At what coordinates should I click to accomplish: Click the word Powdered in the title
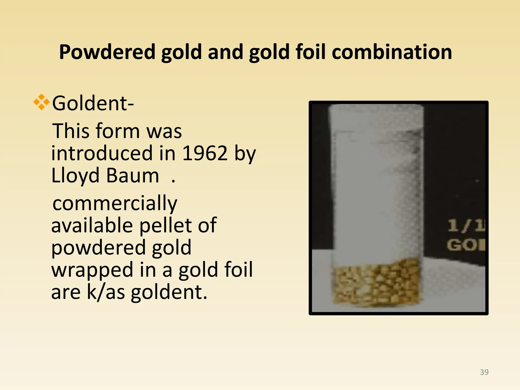tap(107, 52)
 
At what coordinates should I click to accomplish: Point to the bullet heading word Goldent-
tap(93, 103)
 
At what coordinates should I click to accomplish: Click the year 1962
tap(205, 153)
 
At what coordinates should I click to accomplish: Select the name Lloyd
tap(75, 176)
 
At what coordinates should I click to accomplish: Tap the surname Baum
tap(132, 176)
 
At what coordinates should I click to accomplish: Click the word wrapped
tap(92, 270)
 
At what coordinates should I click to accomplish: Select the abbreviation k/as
tap(106, 292)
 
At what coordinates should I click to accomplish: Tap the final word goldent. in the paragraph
tap(169, 292)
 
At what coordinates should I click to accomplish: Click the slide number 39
tap(484, 372)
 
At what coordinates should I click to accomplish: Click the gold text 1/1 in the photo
tap(465, 226)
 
